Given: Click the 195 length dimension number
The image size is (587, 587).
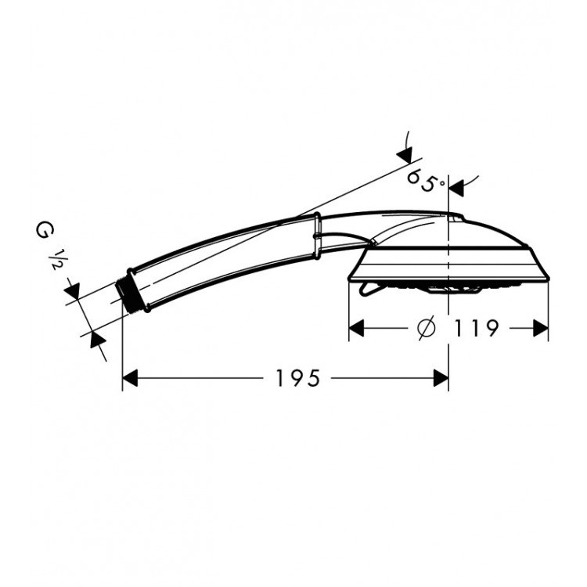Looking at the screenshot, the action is click(x=297, y=378).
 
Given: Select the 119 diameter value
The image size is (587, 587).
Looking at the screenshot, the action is click(x=476, y=328).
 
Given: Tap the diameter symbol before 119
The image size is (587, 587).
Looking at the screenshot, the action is click(x=427, y=328).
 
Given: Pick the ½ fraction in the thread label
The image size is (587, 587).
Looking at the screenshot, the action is click(x=52, y=260).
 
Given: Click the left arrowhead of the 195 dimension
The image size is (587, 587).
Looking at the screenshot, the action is click(x=130, y=378).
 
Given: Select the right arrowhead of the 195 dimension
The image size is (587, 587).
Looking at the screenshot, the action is click(x=441, y=378).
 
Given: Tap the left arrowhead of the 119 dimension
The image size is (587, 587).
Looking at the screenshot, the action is click(x=356, y=328).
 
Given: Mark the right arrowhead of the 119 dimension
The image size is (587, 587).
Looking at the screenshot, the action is click(x=541, y=328).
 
